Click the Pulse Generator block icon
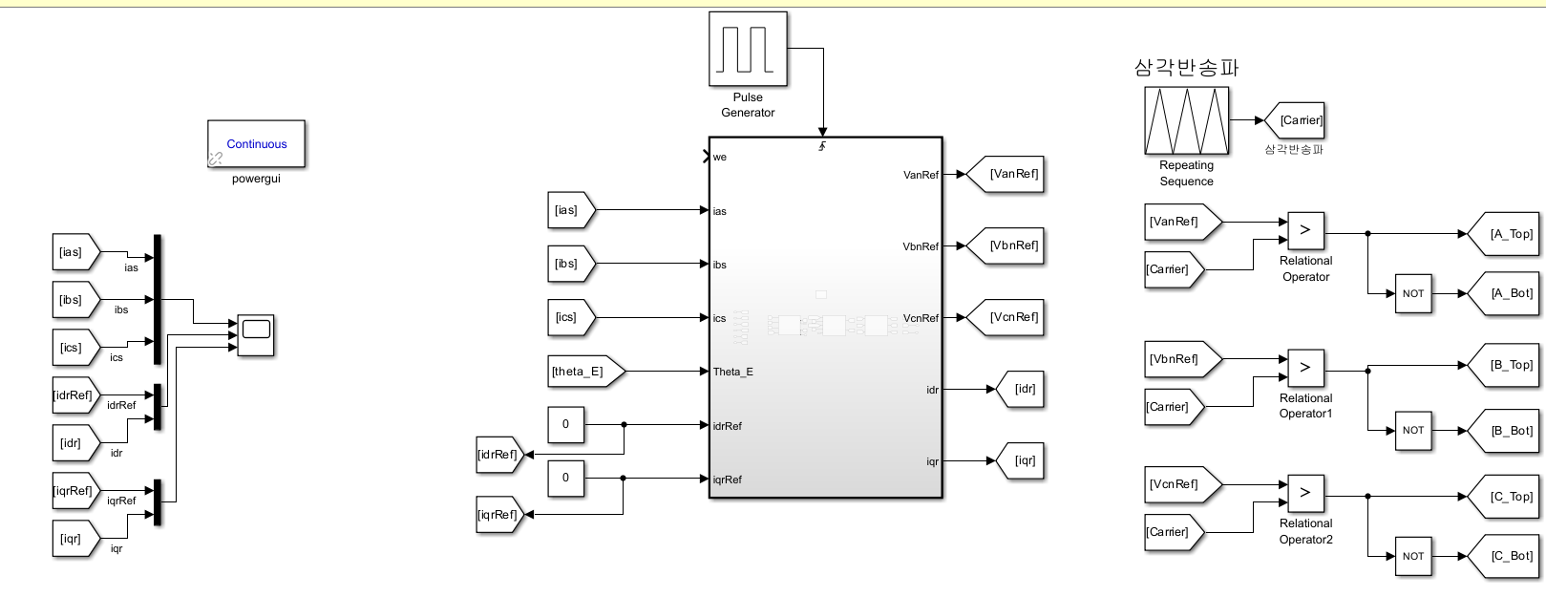748,49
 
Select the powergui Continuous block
256,144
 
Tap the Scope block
256,335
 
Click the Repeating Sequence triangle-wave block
1187,120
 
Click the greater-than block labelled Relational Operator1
1305,368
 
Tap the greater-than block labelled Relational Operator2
1305,493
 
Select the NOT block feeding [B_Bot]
1413,431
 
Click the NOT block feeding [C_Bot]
1413,556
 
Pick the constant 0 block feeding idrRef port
565,425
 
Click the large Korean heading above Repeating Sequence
1186,68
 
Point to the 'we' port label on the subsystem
720,157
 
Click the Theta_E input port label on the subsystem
732,372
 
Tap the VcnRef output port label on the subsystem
921,318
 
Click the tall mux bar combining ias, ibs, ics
158,299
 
